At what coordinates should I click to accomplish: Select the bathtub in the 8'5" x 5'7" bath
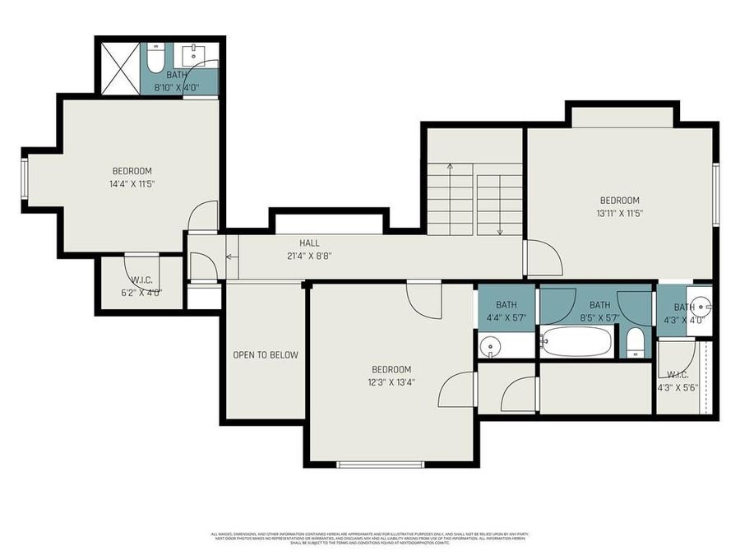pos(577,341)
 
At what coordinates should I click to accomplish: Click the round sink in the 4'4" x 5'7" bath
pos(491,346)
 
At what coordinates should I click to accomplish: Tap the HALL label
pos(309,243)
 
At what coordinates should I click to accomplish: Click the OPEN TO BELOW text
pos(265,355)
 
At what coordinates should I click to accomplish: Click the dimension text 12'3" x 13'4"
pos(391,382)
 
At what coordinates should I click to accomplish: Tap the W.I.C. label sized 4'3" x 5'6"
pos(677,381)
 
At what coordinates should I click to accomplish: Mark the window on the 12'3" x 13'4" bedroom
pos(380,465)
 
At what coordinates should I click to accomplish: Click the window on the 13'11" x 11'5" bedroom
pos(715,194)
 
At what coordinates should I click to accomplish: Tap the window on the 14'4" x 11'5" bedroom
pos(25,180)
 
